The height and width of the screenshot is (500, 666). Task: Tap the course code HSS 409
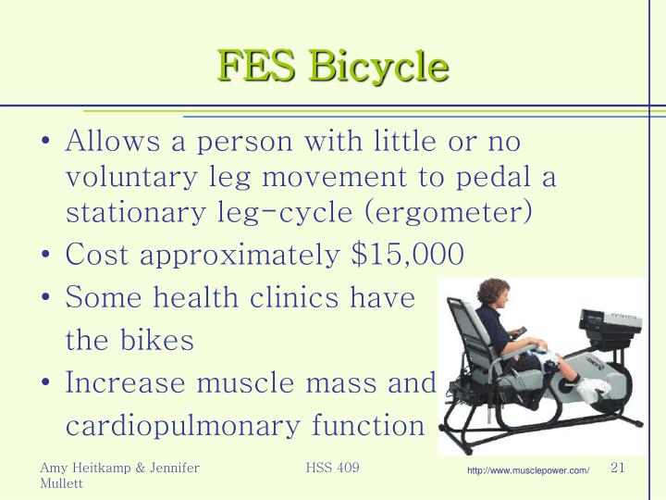tap(332, 469)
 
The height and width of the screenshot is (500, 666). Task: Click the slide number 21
tap(619, 469)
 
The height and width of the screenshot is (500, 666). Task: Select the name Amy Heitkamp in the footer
tap(84, 469)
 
